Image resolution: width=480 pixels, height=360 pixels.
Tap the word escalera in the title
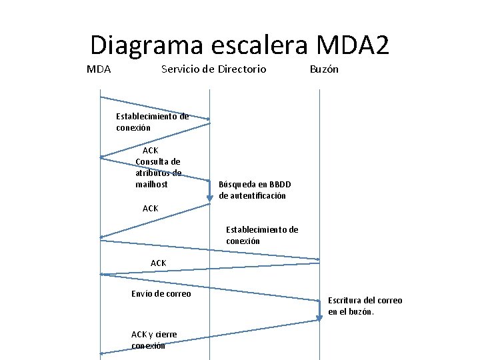(x=259, y=45)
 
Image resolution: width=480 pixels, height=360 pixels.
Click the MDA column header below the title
(x=99, y=69)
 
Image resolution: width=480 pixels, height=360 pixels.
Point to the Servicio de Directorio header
(x=213, y=69)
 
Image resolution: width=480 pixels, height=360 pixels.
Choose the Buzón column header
(x=324, y=69)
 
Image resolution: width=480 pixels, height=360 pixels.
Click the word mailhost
(x=151, y=184)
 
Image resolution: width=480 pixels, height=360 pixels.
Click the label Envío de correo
(x=161, y=294)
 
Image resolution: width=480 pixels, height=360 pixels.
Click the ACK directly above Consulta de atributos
(x=151, y=151)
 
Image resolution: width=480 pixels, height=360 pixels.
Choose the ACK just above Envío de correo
(x=159, y=263)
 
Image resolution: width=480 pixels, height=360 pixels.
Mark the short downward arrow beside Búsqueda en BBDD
(x=209, y=191)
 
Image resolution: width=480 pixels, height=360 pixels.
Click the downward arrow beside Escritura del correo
(x=319, y=311)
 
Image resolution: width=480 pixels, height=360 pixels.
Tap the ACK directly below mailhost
(x=151, y=209)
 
